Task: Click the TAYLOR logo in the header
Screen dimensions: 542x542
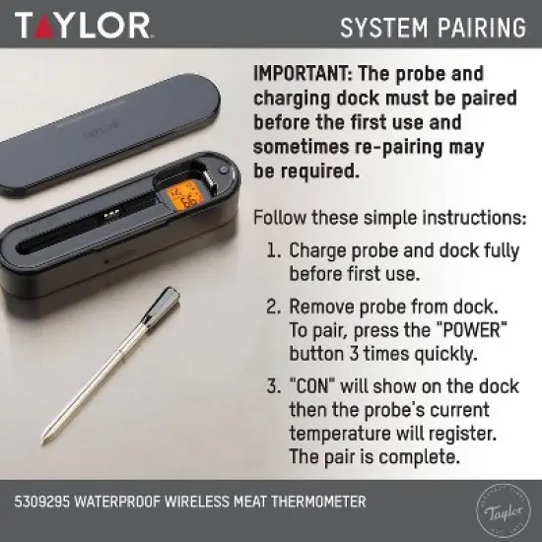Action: (x=82, y=26)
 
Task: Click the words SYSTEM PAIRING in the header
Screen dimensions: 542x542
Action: (x=433, y=27)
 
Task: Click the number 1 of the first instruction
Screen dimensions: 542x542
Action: (x=273, y=250)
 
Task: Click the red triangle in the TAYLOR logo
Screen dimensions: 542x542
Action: (x=39, y=27)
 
